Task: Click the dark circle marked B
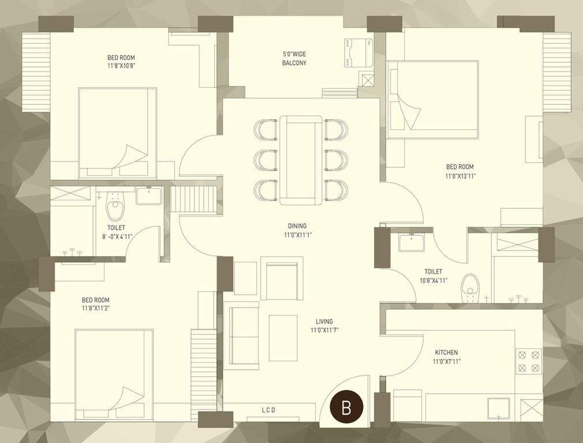tap(346, 408)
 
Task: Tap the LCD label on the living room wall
tap(269, 410)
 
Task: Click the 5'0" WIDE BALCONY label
tap(294, 58)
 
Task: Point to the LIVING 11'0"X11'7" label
tap(324, 326)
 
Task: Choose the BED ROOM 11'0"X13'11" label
tap(461, 171)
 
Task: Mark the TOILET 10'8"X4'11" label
tap(433, 276)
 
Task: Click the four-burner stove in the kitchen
tap(528, 361)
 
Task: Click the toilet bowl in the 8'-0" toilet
tap(116, 207)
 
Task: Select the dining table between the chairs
tap(300, 160)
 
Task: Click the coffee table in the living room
tap(283, 337)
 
